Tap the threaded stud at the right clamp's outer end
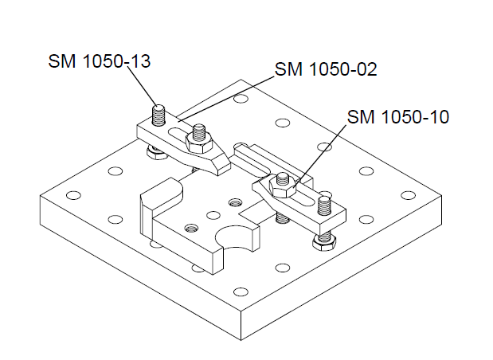pyautogui.click(x=323, y=205)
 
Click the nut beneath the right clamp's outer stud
pyautogui.click(x=325, y=237)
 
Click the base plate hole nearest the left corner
pyautogui.click(x=74, y=194)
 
